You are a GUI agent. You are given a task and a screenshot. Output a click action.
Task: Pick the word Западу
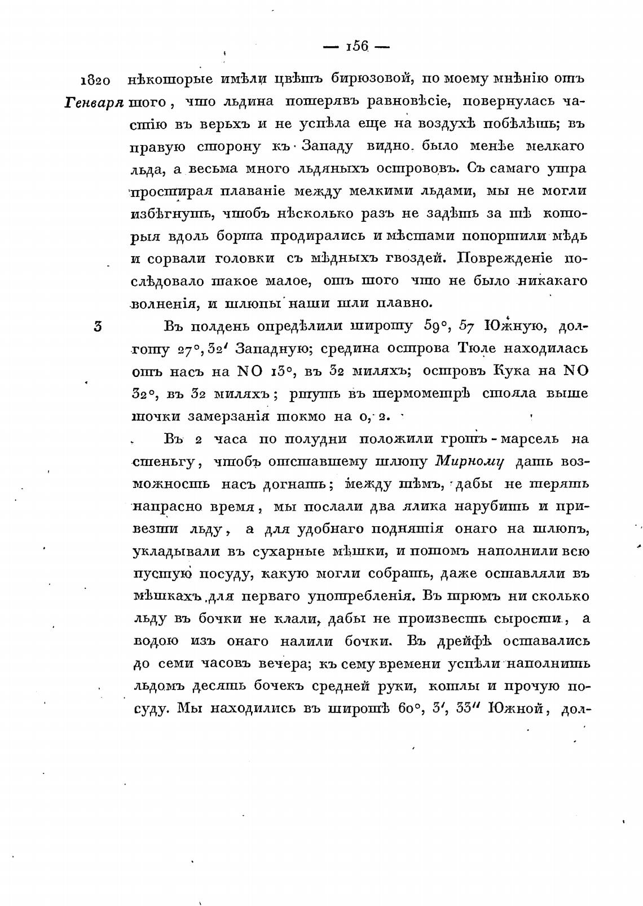[x=328, y=146]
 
